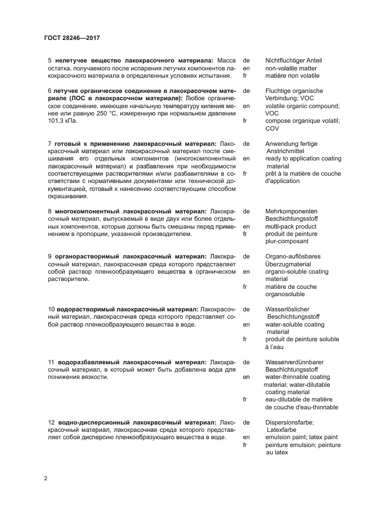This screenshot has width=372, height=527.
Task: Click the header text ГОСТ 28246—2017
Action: (x=72, y=38)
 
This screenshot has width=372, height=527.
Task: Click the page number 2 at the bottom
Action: (x=46, y=478)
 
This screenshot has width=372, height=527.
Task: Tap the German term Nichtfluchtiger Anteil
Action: (x=293, y=60)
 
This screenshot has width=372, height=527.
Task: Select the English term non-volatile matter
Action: (x=291, y=68)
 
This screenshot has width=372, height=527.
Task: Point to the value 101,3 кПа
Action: (x=61, y=121)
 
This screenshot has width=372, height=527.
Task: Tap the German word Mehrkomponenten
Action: (x=292, y=211)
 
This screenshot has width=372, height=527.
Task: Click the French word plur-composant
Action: (x=286, y=241)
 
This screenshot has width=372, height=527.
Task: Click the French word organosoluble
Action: (x=285, y=294)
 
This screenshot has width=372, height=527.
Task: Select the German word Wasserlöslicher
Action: (x=289, y=309)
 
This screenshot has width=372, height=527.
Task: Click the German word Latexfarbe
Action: (x=283, y=429)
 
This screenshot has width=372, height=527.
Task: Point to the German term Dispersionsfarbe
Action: (x=289, y=422)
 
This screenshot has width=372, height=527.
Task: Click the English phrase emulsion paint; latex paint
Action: (x=301, y=437)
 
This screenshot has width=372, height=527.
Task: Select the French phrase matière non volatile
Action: (x=292, y=75)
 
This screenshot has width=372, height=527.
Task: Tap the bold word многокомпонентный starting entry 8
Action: (x=84, y=211)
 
